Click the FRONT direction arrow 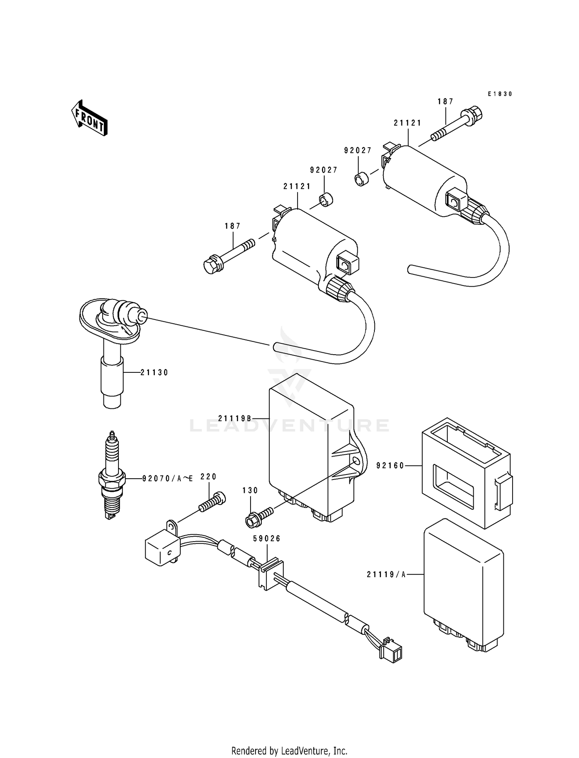89,118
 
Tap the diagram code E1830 499,94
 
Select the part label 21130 154,372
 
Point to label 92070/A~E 167,479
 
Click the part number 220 208,477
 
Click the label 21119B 234,418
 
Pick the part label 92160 390,466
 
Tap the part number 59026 266,539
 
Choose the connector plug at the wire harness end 391,653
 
